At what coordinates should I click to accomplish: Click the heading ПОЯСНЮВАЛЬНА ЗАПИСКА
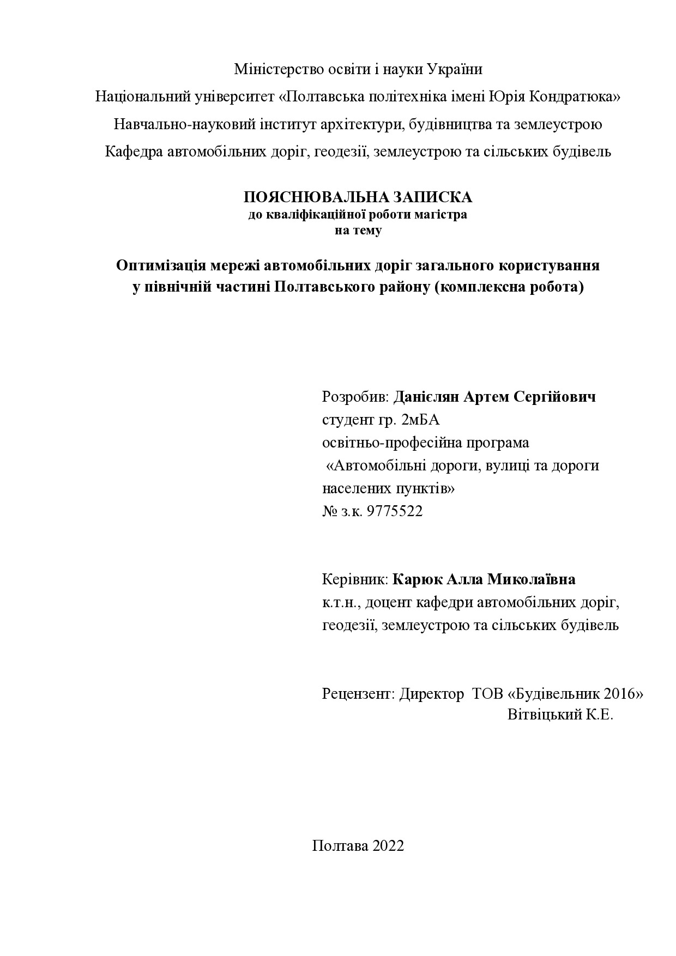pyautogui.click(x=358, y=197)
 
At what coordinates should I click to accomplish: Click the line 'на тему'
pyautogui.click(x=358, y=230)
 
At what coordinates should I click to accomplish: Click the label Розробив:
pyautogui.click(x=356, y=397)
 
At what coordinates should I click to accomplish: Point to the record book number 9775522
pyautogui.click(x=395, y=511)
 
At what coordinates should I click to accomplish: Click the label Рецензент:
pyautogui.click(x=358, y=694)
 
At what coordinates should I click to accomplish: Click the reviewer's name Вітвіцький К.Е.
pyautogui.click(x=560, y=715)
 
